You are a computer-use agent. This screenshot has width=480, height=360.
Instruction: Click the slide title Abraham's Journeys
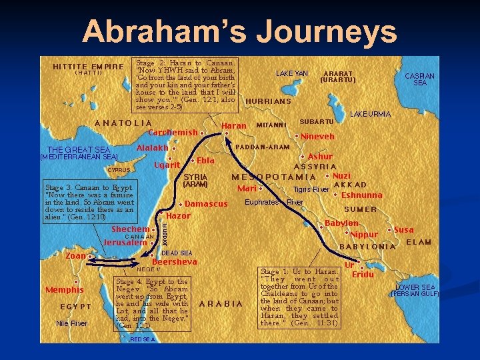[240, 31]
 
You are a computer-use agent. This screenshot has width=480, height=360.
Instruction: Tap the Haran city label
[233, 125]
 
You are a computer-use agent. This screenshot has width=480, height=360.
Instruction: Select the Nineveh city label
[317, 136]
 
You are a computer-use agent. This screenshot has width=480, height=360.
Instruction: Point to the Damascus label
[206, 203]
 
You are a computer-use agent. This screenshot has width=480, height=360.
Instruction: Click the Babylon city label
[341, 223]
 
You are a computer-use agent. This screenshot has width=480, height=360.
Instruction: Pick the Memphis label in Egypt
[64, 289]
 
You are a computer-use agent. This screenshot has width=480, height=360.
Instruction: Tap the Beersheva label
[175, 262]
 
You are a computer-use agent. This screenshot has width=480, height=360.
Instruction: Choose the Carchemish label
[173, 132]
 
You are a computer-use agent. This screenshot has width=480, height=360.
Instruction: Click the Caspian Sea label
[420, 79]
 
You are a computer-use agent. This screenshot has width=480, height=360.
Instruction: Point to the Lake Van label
[292, 73]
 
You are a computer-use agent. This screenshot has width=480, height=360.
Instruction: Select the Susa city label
[404, 230]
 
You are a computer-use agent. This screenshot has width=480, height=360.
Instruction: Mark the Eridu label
[363, 275]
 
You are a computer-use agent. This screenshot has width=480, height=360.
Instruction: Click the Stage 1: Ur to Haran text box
[299, 297]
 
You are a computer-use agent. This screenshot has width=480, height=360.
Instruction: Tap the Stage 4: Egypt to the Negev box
[152, 304]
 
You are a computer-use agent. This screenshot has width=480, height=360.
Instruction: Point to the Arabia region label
[221, 304]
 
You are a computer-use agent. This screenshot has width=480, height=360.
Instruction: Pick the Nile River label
[71, 323]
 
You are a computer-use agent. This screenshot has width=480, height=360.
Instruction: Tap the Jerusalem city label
[125, 243]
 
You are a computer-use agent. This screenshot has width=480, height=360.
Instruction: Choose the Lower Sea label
[415, 287]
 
